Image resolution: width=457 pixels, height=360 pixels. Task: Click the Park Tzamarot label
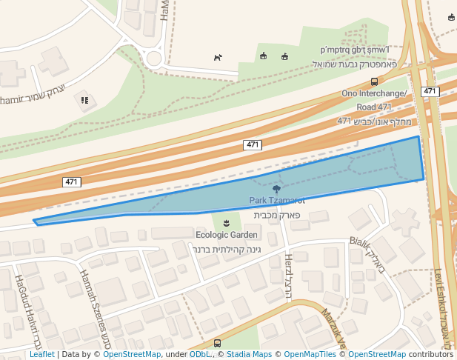[x=277, y=201]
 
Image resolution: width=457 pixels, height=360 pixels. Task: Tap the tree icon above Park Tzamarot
[x=277, y=190]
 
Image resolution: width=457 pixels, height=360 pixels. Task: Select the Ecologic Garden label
[x=227, y=235]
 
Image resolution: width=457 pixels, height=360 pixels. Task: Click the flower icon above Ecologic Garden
[x=226, y=223]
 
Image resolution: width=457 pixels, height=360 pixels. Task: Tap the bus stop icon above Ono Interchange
[x=374, y=82]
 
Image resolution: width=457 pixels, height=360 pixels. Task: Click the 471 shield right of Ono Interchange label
[x=430, y=91]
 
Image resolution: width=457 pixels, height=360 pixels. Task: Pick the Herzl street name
[x=289, y=276]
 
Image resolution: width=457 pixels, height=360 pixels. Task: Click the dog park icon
[x=218, y=57]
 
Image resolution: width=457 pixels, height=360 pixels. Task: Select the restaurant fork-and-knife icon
[x=85, y=99]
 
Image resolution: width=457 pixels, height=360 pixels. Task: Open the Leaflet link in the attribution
[x=41, y=354]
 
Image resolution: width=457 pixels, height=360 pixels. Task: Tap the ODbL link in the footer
[x=199, y=354]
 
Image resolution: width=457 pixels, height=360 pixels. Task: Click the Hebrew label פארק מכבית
[x=277, y=215]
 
